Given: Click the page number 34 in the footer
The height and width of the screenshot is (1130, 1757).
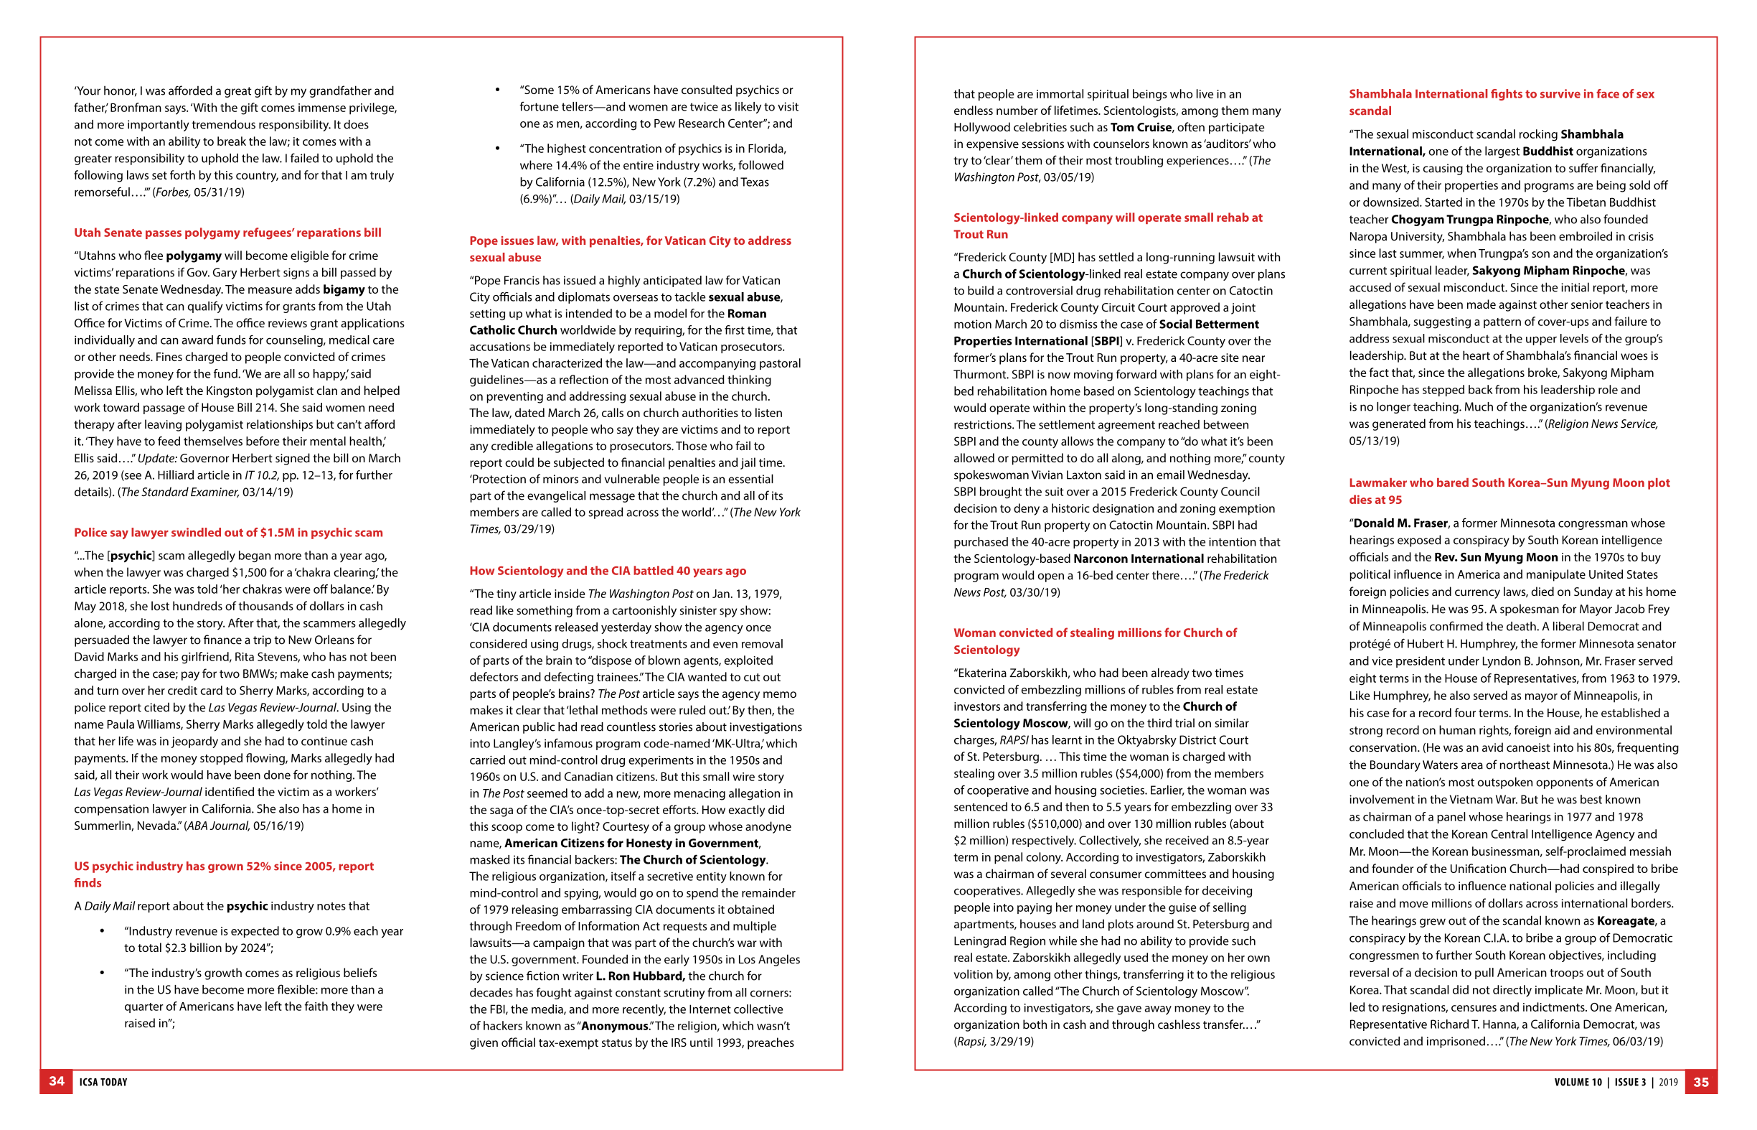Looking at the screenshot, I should tap(57, 1081).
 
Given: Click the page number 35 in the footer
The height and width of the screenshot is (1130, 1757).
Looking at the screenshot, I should tap(1700, 1082).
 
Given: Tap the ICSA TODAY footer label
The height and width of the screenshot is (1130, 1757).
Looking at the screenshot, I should tap(103, 1082).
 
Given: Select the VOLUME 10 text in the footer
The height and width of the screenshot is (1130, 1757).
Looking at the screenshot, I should tap(1578, 1082).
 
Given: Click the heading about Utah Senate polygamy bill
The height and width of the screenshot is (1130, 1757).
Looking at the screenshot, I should tap(227, 233).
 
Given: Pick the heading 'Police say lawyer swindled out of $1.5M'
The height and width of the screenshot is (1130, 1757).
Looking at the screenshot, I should tap(228, 533).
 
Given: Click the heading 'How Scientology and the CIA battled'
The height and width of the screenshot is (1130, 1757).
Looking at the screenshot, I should tap(607, 571).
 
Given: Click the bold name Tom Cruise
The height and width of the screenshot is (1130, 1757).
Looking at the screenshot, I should tap(1140, 127).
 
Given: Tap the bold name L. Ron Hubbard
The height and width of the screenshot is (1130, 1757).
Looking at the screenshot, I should tap(640, 976).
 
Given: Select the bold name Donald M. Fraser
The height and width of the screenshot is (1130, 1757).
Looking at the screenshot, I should tap(1400, 523).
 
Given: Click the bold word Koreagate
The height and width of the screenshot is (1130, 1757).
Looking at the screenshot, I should tap(1626, 921).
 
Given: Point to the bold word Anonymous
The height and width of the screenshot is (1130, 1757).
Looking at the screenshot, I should tap(615, 1026).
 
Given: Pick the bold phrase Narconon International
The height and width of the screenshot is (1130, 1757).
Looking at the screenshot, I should tap(1138, 559).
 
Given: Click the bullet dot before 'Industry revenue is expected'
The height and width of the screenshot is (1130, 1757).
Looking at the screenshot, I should tap(102, 931).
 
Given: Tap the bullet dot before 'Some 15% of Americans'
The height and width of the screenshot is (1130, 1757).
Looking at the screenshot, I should tap(497, 90).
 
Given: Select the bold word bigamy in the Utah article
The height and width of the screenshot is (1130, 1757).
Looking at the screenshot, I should tap(343, 289).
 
